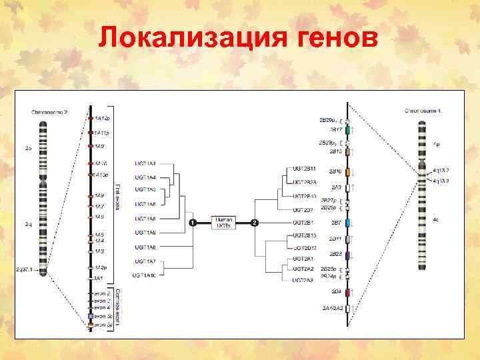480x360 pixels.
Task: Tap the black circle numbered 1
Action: click(191, 222)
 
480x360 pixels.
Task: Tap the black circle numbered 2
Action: click(254, 222)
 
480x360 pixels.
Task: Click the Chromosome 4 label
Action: click(422, 111)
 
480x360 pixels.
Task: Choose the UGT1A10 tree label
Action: click(144, 275)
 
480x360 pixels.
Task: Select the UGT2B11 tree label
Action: click(304, 169)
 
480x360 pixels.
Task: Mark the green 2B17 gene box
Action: click(347, 131)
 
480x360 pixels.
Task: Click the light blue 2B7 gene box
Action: click(347, 223)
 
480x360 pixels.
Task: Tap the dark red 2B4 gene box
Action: click(347, 293)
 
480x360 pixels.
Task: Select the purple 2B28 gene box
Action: click(347, 255)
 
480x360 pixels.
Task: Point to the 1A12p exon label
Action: click(102, 118)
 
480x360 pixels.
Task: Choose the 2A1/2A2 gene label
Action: click(332, 308)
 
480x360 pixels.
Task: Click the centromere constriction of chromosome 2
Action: click(43, 181)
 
